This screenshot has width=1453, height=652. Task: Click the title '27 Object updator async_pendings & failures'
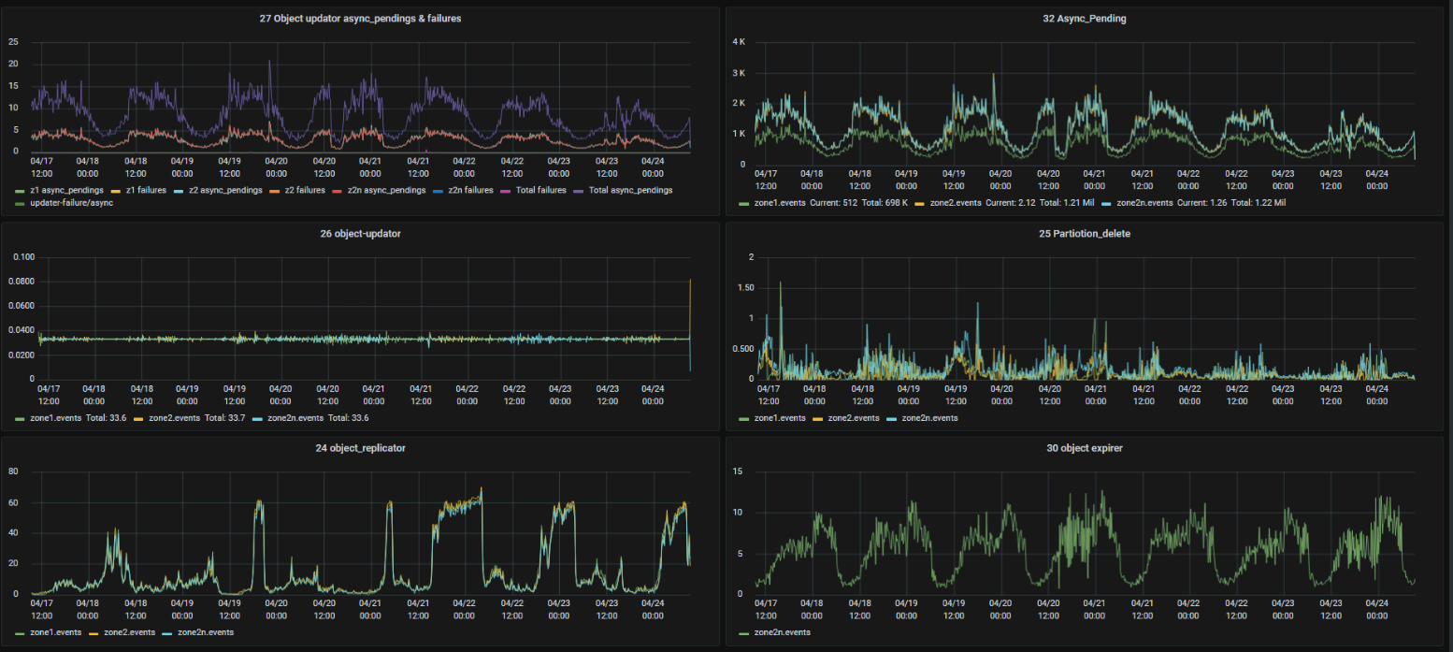(x=359, y=19)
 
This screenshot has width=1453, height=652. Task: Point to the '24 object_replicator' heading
(x=359, y=448)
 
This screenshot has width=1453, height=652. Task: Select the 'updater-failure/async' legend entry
(x=65, y=203)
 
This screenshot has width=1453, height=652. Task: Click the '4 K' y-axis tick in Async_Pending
(x=738, y=42)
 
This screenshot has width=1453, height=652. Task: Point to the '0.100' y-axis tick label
(x=22, y=257)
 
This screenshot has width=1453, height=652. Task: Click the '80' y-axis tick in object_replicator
(x=14, y=471)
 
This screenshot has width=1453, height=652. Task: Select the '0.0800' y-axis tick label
(x=22, y=282)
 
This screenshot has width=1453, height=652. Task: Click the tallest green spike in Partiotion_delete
(x=779, y=283)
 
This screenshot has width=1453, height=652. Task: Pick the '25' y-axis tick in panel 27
(x=13, y=42)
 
